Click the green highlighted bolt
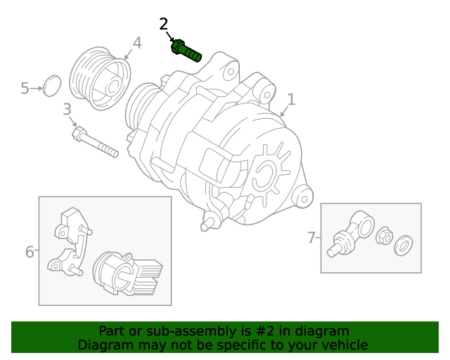click(186, 51)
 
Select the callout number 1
click(290, 100)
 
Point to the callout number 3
click(67, 109)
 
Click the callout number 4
click(137, 43)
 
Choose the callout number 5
click(25, 88)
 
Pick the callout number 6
click(30, 251)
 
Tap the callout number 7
click(311, 238)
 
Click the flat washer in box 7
click(404, 246)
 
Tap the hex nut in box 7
click(384, 236)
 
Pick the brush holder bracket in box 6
click(71, 239)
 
